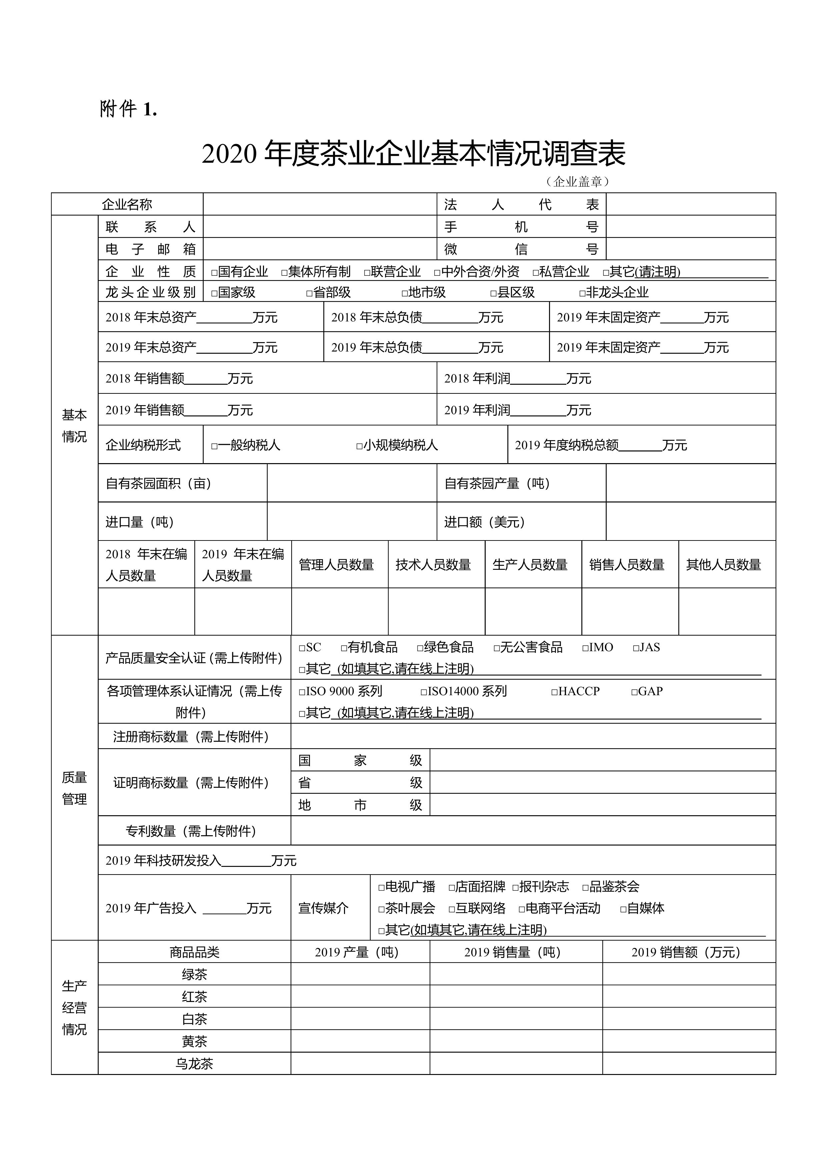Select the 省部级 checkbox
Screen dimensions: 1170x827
tap(309, 293)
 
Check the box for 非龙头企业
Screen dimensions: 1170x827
tap(582, 293)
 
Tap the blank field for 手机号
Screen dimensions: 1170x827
tap(690, 226)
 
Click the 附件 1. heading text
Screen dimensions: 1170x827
tap(128, 109)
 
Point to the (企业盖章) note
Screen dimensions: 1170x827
tap(577, 181)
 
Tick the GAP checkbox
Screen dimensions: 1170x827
tap(634, 692)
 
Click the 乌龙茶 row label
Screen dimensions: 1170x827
tap(194, 1064)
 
